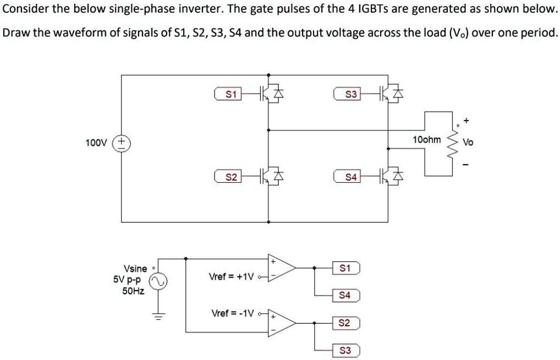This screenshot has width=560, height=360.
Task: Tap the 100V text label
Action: (x=96, y=143)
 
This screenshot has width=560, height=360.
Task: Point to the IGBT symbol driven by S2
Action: (x=271, y=177)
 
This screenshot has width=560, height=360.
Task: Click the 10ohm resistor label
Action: (x=426, y=140)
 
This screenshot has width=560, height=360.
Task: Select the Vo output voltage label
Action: (x=468, y=142)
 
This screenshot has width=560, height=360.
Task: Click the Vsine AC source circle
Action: (x=158, y=282)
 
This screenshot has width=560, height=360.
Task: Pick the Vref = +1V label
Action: (x=231, y=276)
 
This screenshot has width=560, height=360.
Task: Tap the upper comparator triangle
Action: (x=281, y=268)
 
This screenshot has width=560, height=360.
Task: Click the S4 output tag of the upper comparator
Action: (x=345, y=296)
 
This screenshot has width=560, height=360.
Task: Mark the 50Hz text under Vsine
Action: (x=133, y=291)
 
